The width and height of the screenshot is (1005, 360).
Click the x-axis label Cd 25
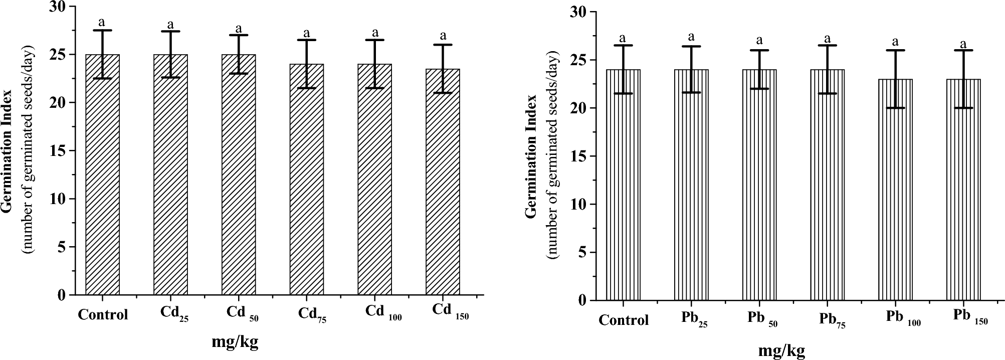point(174,314)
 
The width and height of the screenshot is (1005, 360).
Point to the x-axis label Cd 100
point(383,311)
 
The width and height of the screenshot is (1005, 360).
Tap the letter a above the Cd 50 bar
point(239,28)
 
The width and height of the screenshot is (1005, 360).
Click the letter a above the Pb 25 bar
point(691,37)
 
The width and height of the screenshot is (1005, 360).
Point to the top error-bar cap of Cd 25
point(170,32)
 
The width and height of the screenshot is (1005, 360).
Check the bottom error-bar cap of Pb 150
point(963,108)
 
